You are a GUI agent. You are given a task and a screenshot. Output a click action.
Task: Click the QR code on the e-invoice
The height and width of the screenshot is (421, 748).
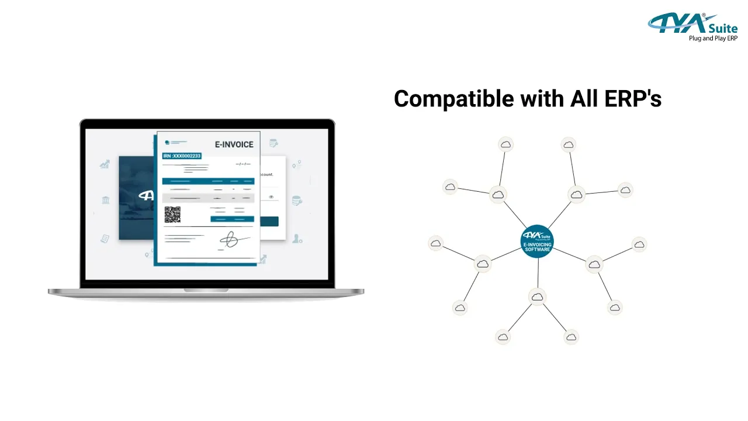(x=172, y=215)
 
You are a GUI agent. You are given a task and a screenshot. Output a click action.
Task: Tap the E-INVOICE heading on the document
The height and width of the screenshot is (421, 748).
(x=234, y=144)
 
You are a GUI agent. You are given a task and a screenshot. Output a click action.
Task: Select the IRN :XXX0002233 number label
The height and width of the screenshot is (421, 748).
(x=182, y=156)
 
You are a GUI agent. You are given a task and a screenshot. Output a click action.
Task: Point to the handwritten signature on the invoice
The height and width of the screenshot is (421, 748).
(x=231, y=239)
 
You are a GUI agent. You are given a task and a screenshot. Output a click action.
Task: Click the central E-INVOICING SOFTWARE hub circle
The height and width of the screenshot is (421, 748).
(x=537, y=241)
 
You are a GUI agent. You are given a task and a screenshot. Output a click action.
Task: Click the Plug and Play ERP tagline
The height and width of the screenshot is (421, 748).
(x=713, y=39)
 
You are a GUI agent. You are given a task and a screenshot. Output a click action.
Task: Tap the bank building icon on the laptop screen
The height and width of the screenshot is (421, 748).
(x=106, y=201)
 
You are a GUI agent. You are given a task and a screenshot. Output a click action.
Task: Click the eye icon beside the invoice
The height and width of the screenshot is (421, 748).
(x=271, y=197)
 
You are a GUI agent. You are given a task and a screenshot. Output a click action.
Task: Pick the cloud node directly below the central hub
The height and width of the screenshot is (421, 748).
(x=537, y=296)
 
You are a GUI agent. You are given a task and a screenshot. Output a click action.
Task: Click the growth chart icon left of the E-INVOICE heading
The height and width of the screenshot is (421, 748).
(x=105, y=164)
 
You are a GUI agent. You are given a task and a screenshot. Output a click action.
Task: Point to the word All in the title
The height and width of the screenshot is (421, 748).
(x=584, y=99)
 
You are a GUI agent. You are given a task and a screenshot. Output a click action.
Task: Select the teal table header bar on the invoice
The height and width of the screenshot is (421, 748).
(x=208, y=181)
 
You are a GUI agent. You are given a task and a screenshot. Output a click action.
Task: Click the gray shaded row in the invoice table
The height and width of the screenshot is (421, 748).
(x=208, y=198)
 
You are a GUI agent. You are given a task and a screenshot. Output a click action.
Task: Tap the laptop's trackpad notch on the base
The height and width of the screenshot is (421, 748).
(x=206, y=290)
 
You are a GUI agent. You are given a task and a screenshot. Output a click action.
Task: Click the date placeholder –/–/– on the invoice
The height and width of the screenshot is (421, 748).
(x=243, y=164)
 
